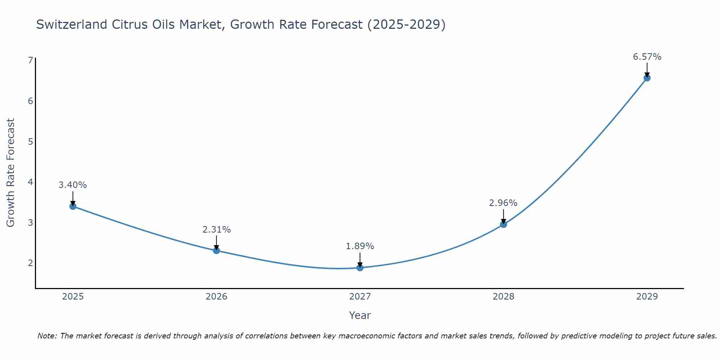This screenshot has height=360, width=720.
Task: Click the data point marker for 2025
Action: click(73, 206)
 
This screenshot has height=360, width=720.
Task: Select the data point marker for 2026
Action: click(216, 251)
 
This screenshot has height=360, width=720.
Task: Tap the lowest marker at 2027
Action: click(360, 267)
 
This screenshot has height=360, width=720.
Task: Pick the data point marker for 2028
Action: click(504, 224)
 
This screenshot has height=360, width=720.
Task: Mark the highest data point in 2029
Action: click(647, 78)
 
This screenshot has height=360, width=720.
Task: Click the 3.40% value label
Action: click(73, 185)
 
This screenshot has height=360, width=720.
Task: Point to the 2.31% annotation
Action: click(216, 230)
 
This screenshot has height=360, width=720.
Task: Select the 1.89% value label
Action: click(360, 246)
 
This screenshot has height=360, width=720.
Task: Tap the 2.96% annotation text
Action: click(503, 203)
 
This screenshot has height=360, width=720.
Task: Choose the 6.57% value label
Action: click(647, 57)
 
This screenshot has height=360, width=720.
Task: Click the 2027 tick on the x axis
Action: click(360, 297)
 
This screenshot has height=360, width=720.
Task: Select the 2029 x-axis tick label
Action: click(647, 297)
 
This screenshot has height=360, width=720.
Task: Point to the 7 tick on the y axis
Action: click(30, 60)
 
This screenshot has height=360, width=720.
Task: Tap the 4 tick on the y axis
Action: click(30, 182)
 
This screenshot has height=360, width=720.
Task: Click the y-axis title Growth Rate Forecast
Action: click(11, 173)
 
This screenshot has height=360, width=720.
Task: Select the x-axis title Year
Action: click(360, 315)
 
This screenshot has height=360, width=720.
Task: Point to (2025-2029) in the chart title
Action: click(406, 24)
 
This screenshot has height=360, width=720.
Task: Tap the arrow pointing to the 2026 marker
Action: click(216, 243)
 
